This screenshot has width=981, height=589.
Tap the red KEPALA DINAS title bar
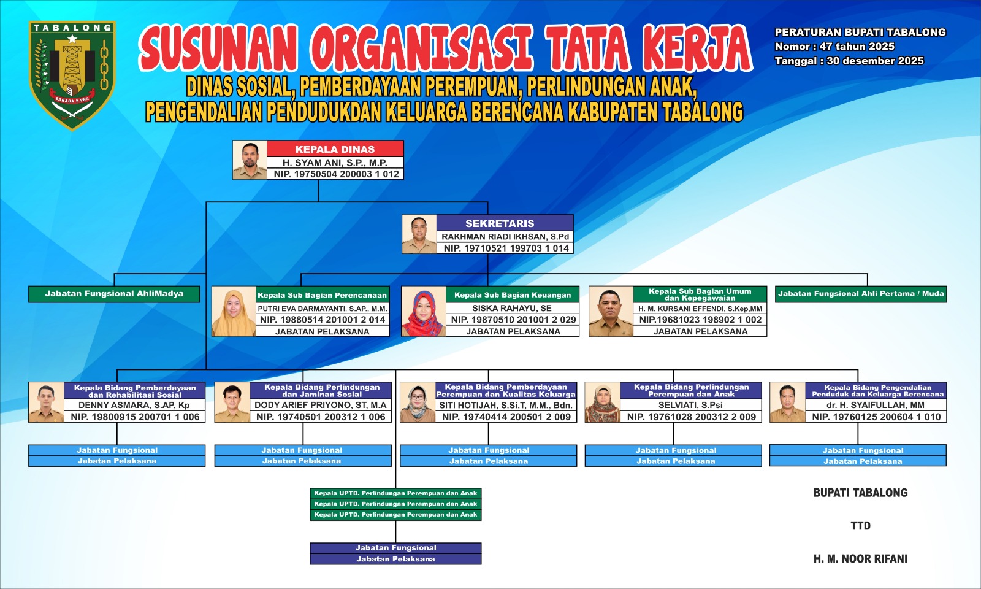click(335, 149)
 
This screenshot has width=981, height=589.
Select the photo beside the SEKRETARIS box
click(419, 234)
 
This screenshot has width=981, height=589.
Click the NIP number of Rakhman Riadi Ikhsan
click(506, 248)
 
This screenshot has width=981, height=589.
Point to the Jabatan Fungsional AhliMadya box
click(114, 294)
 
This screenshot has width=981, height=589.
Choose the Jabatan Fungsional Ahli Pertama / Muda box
click(861, 294)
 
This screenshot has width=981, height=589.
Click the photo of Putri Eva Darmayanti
click(234, 312)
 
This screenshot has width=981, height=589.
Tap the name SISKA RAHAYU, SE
click(512, 308)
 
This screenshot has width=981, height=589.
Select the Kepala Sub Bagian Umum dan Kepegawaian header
click(700, 294)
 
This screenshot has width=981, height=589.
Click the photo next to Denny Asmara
click(47, 402)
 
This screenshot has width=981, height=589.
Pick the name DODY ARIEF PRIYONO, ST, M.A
click(321, 405)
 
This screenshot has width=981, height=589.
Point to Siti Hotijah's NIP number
click(506, 417)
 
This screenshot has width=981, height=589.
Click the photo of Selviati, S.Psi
click(603, 402)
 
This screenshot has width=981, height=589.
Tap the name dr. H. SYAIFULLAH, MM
click(876, 405)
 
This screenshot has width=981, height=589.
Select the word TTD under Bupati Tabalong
click(861, 526)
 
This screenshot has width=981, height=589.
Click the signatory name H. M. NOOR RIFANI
click(861, 559)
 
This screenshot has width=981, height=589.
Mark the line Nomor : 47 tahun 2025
click(834, 47)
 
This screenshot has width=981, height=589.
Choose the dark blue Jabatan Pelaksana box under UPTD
click(395, 559)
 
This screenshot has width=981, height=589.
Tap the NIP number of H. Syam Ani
click(337, 174)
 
